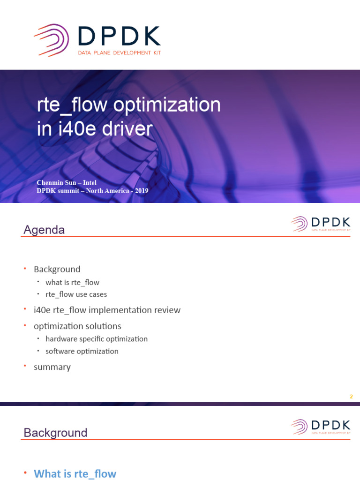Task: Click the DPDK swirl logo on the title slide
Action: [x=52, y=40]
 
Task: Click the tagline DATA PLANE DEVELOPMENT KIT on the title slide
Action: [x=120, y=52]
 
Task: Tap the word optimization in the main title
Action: [x=167, y=105]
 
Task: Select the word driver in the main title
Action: [x=127, y=128]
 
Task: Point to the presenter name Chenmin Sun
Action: [x=56, y=182]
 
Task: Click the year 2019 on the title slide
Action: [x=142, y=191]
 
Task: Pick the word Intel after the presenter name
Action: [x=90, y=182]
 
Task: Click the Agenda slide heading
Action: [x=44, y=230]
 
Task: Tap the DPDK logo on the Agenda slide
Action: [x=321, y=224]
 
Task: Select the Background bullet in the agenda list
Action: [x=57, y=269]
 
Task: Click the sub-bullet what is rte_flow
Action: [x=72, y=282]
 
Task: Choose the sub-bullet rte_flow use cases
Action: [x=76, y=294]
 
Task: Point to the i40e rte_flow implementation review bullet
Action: [x=107, y=310]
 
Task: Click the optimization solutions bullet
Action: [x=77, y=326]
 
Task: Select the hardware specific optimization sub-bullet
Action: [x=97, y=339]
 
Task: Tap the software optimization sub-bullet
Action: [x=82, y=351]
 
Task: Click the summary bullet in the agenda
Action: [x=52, y=367]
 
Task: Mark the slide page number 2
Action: [x=351, y=397]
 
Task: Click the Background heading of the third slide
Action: [x=55, y=433]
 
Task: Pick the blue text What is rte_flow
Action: [x=75, y=473]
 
